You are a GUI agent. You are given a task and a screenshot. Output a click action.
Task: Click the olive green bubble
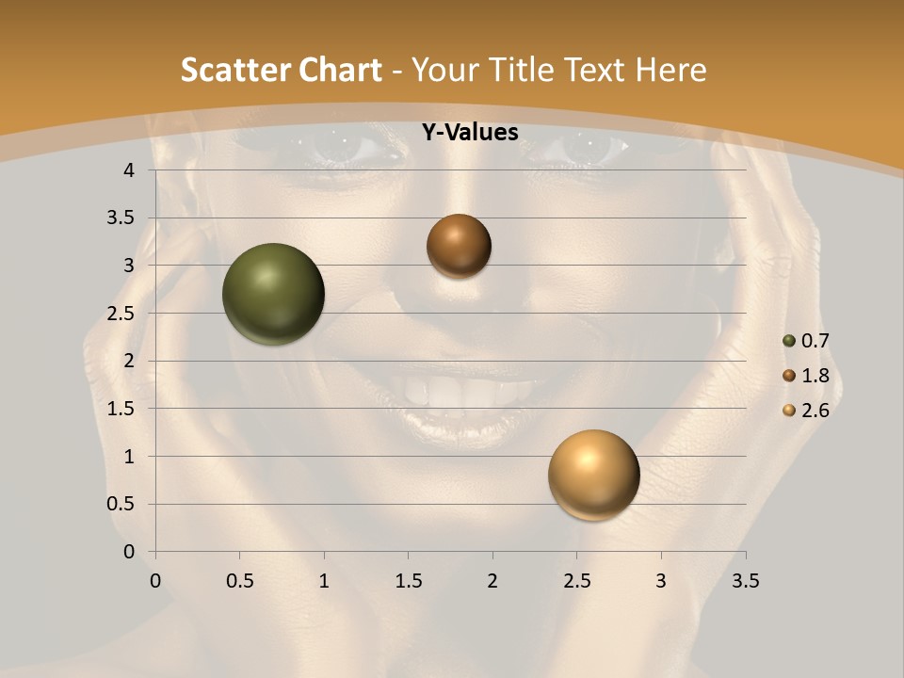click(273, 294)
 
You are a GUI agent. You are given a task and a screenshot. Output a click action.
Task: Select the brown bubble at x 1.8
click(459, 246)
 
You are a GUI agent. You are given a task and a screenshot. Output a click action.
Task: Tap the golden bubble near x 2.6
click(593, 475)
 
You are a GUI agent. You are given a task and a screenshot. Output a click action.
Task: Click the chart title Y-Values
click(469, 132)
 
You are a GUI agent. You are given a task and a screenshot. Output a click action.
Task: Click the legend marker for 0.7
click(789, 341)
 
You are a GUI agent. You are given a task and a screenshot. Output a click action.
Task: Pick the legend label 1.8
click(815, 376)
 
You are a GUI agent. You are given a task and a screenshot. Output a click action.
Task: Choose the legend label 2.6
click(815, 411)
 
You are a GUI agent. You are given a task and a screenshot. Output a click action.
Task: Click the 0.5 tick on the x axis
click(240, 581)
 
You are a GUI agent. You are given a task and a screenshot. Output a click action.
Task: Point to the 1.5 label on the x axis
click(409, 581)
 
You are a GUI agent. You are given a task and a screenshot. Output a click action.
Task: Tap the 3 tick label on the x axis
click(661, 581)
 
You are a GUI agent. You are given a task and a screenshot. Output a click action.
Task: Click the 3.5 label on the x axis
click(745, 581)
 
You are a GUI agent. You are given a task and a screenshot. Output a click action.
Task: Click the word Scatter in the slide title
click(231, 70)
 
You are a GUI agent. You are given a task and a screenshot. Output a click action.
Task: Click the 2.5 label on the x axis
click(576, 581)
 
